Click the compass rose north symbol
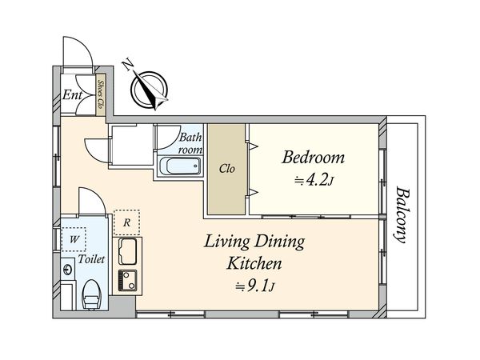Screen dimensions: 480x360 coord(150,90)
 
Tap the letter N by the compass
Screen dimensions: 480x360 coord(128,66)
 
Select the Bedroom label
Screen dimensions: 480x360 coord(313,158)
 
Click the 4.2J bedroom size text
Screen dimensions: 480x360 coord(314,180)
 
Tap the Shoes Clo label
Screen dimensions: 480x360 coord(101,94)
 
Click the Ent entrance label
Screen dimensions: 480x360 coord(72,95)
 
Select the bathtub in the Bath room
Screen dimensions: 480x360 coord(180,166)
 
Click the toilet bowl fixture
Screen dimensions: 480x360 coord(91,294)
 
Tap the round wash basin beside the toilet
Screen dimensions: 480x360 coord(67,270)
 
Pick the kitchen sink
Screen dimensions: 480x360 coord(127,251)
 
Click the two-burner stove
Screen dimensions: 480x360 coord(127,281)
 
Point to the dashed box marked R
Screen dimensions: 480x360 coord(126,222)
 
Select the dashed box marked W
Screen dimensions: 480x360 coord(74,239)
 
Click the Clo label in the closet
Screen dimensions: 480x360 coord(227,168)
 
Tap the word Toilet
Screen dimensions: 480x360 coord(91,259)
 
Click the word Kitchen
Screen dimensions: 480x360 coord(254,263)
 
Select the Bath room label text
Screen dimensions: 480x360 coord(190,143)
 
